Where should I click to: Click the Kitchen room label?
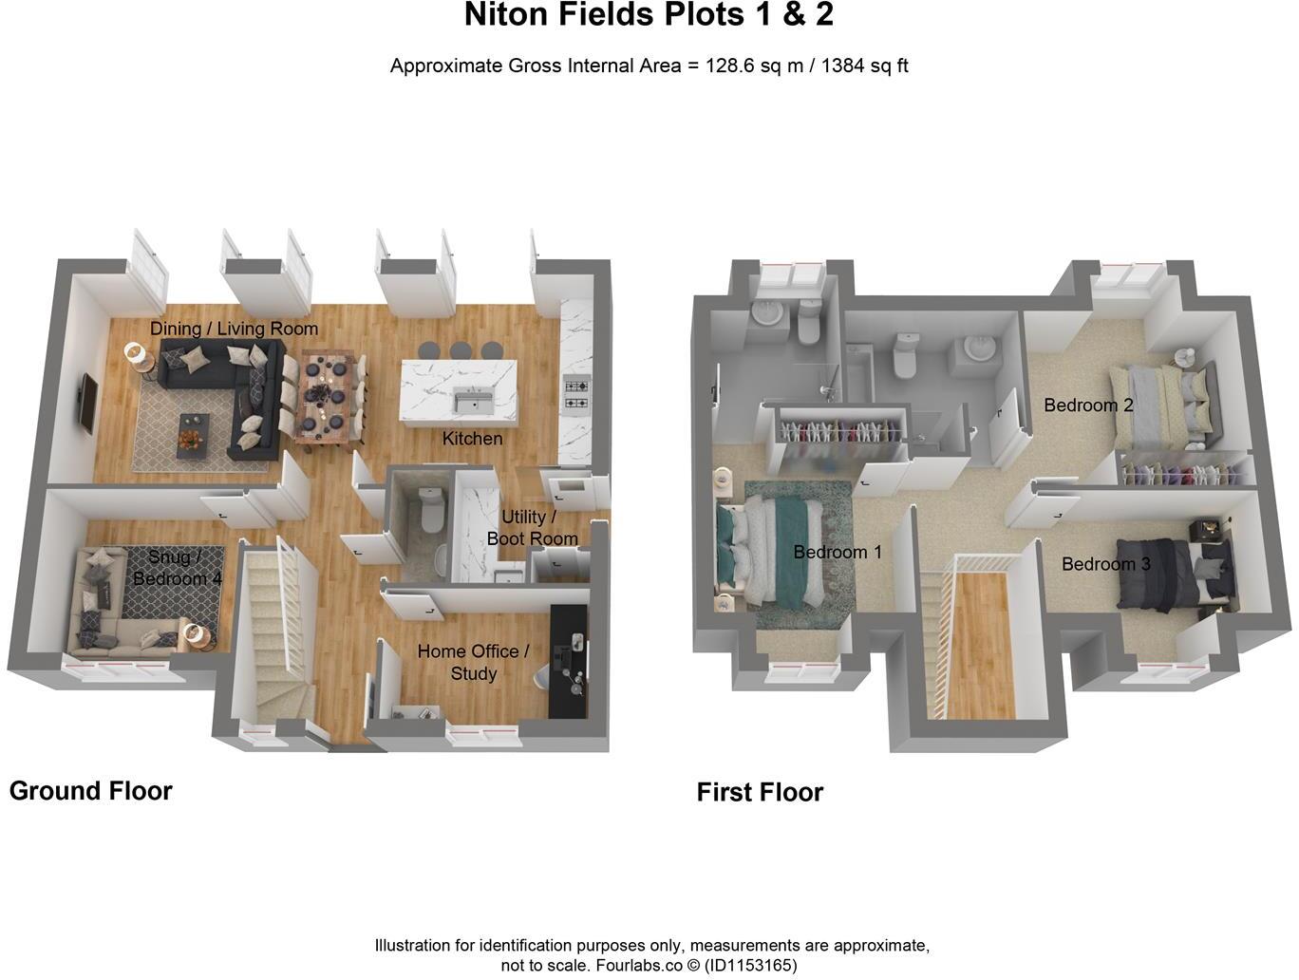pyautogui.click(x=472, y=439)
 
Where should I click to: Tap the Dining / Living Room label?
pyautogui.click(x=234, y=329)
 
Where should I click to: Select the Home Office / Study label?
pyautogui.click(x=473, y=662)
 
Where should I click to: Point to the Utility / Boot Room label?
pyautogui.click(x=532, y=528)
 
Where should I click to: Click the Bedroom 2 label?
pyautogui.click(x=1088, y=405)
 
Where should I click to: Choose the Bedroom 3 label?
pyautogui.click(x=1105, y=564)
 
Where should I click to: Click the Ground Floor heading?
pyautogui.click(x=91, y=791)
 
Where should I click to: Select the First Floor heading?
pyautogui.click(x=760, y=793)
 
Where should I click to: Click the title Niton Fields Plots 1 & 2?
pyautogui.click(x=649, y=16)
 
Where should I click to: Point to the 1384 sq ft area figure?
pyautogui.click(x=865, y=66)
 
